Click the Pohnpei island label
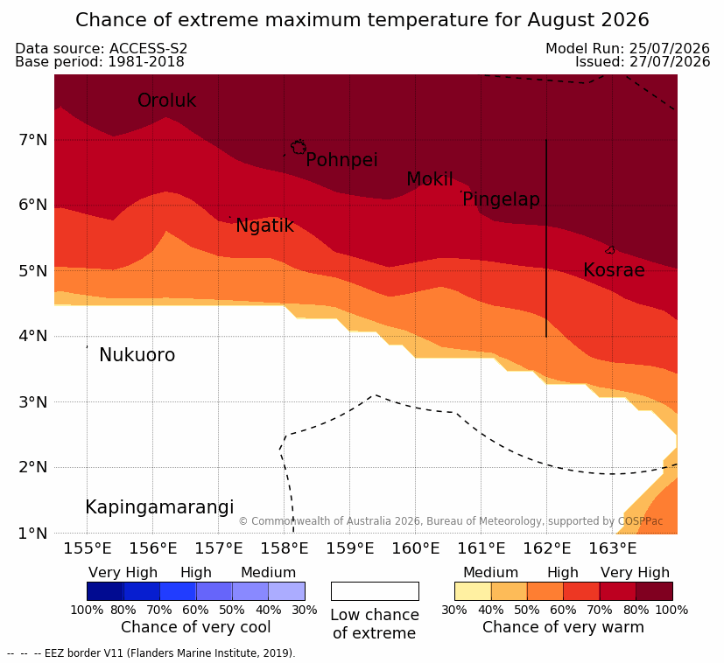[x=341, y=160]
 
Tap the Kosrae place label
[x=614, y=270]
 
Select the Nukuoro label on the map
[x=137, y=355]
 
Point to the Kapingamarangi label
[x=159, y=507]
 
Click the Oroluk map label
[x=166, y=100]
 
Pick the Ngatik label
[x=264, y=226]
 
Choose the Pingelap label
[x=501, y=199]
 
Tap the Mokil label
[x=430, y=179]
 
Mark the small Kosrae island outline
[x=610, y=250]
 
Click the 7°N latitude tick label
[x=33, y=139]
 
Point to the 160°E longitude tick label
[x=416, y=548]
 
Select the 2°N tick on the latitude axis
[x=33, y=467]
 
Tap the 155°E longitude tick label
[x=88, y=548]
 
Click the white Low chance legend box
[x=375, y=591]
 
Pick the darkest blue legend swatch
[x=105, y=591]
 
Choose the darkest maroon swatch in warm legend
[x=654, y=591]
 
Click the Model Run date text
[x=628, y=48]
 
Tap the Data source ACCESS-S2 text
[x=102, y=48]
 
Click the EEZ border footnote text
[x=151, y=653]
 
